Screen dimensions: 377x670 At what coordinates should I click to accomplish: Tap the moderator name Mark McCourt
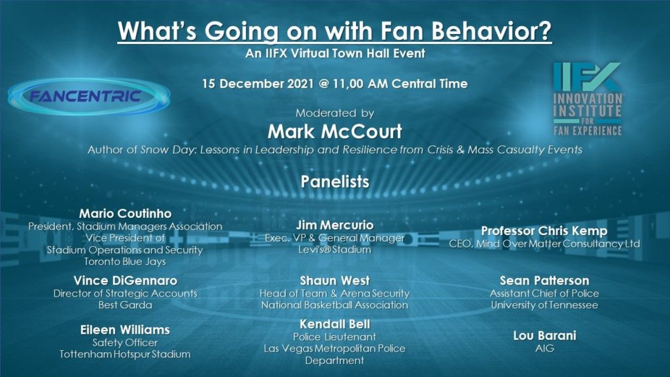point(334,132)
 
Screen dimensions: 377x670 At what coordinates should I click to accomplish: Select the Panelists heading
point(334,181)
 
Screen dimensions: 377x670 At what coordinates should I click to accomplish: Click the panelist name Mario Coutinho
point(124,213)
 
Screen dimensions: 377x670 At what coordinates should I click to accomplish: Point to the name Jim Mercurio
point(334,225)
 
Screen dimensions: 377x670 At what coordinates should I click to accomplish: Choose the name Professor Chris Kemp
point(544,231)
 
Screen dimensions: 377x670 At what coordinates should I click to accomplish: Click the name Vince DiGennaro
point(125,281)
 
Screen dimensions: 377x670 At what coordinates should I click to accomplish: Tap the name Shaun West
point(334,281)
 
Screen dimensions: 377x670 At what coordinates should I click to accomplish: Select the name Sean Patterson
point(544,281)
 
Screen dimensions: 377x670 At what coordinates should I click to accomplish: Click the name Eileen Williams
point(125,330)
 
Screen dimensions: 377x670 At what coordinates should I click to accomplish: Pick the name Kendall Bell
point(334,324)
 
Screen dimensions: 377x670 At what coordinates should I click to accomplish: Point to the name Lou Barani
point(544,336)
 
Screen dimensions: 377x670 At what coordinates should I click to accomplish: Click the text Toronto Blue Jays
point(125,262)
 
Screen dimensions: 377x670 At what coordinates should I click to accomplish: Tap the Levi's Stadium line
point(334,249)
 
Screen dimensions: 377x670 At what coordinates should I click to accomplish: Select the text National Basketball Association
point(334,305)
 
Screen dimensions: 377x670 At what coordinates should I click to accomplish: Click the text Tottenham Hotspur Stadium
point(125,354)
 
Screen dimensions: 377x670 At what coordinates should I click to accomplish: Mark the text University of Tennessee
point(544,305)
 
